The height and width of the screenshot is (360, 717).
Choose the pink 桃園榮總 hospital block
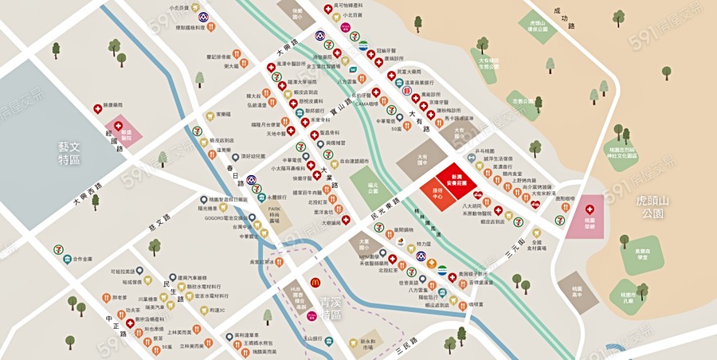click(x=590, y=215)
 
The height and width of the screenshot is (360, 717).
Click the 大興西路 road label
click(x=90, y=192)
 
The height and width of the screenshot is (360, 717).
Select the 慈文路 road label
click(x=160, y=224)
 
